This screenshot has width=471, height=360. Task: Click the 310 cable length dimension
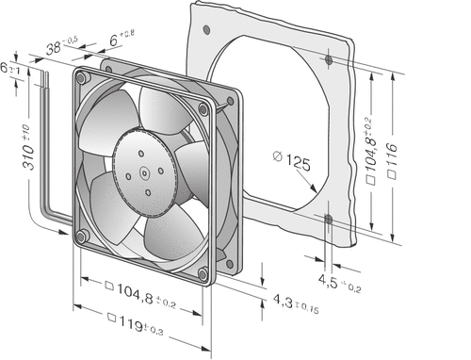pos(28,148)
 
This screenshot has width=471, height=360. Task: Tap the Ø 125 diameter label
pos(292,160)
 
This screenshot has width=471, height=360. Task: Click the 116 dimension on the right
pos(392,161)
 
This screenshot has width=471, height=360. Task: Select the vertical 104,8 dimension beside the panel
pos(371,151)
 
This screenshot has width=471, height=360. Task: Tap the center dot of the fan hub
pos(144,172)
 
